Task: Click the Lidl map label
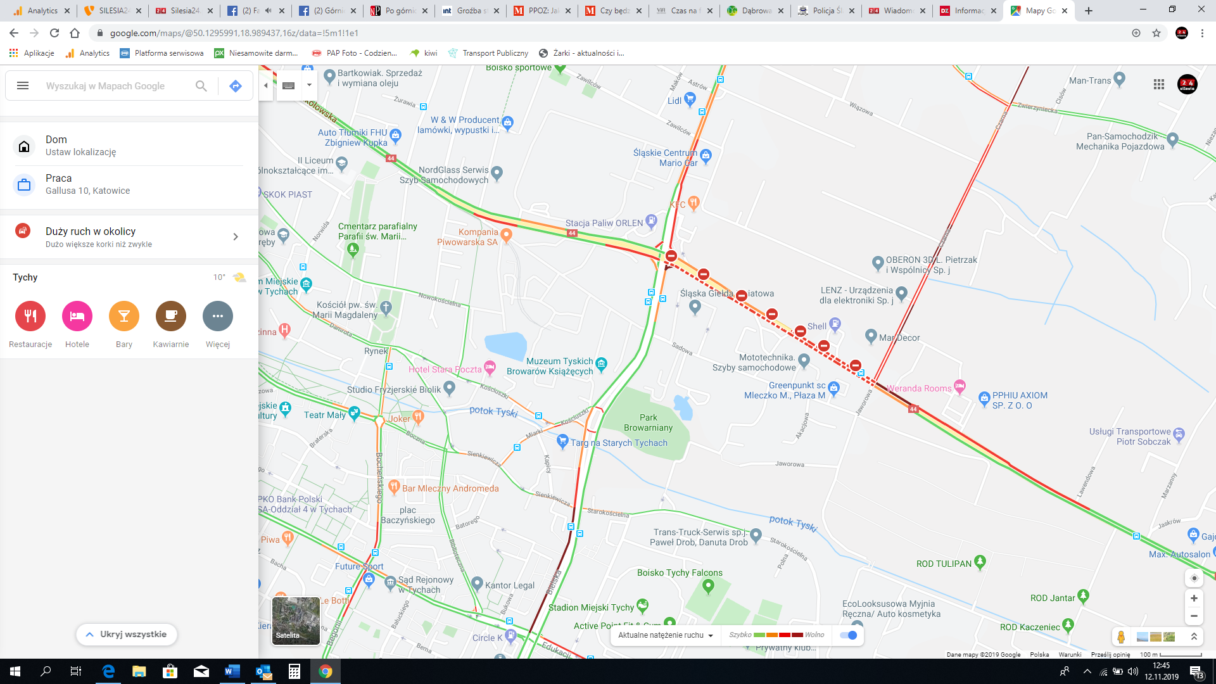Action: point(674,101)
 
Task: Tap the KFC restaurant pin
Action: point(693,203)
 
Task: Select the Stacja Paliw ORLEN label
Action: point(604,223)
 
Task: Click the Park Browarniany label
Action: point(648,422)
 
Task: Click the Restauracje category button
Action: point(30,317)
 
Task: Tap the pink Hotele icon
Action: point(77,317)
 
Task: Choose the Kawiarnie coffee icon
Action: point(171,317)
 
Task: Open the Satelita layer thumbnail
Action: point(296,621)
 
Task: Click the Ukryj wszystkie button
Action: point(127,635)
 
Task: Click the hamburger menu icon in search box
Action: point(23,86)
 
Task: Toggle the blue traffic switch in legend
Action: point(849,635)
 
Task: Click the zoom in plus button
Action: point(1194,598)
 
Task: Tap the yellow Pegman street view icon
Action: point(1121,636)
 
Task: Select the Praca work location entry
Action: point(87,184)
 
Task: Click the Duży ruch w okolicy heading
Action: point(91,231)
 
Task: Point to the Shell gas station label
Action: point(817,326)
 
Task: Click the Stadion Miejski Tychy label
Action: point(591,607)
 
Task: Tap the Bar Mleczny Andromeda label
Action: point(450,488)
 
